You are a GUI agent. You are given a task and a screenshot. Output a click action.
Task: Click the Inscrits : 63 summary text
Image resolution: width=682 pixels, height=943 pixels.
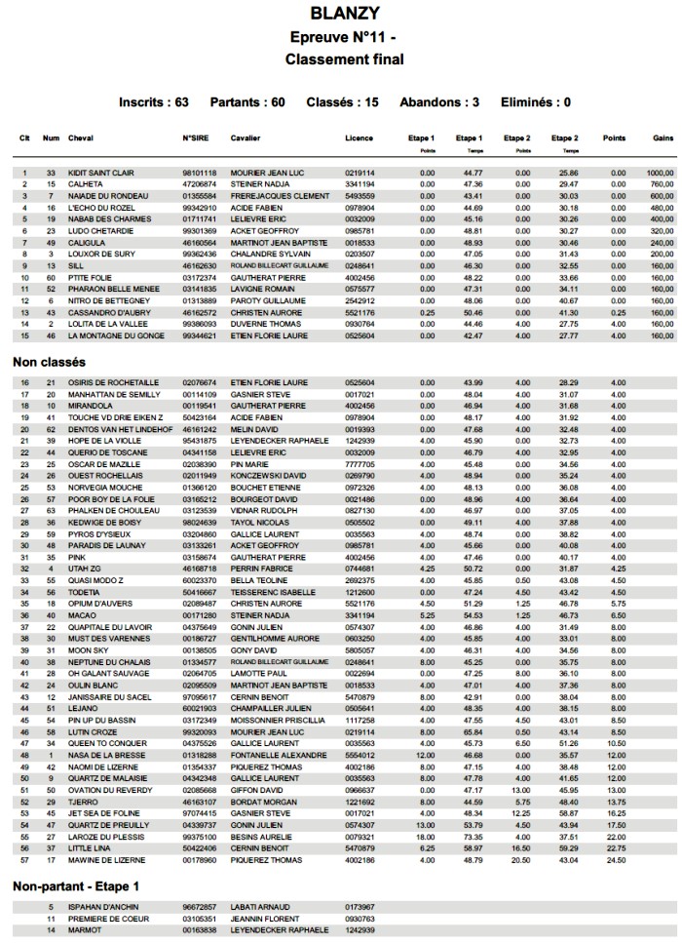(x=154, y=102)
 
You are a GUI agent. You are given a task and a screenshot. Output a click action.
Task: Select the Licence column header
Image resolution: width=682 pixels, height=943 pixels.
(x=359, y=138)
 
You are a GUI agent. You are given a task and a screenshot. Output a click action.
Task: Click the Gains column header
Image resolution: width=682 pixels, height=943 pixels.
(x=664, y=138)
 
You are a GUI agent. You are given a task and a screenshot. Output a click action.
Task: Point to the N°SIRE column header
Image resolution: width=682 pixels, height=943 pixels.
(x=197, y=138)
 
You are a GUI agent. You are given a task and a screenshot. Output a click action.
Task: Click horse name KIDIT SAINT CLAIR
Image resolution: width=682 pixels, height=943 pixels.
(x=101, y=173)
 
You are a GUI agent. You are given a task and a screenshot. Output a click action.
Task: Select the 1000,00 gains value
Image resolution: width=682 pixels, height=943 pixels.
(x=660, y=173)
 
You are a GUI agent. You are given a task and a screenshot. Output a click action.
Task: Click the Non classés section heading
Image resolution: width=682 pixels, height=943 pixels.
(x=48, y=363)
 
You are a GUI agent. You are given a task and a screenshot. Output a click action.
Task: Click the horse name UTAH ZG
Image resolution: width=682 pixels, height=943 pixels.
(x=84, y=569)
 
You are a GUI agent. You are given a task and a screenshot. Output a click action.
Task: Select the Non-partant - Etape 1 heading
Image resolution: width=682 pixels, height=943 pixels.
(x=76, y=886)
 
